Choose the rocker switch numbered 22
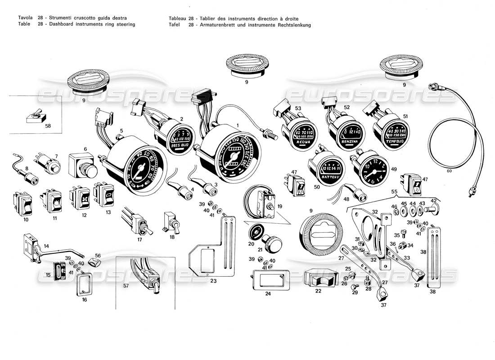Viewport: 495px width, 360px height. tap(321, 280)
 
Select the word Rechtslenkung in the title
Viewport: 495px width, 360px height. tap(290, 25)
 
